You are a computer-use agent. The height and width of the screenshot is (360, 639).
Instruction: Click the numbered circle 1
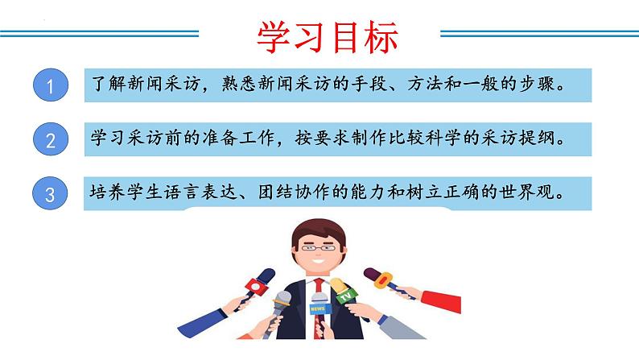(51, 86)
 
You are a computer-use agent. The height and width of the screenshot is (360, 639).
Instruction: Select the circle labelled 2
(51, 141)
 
